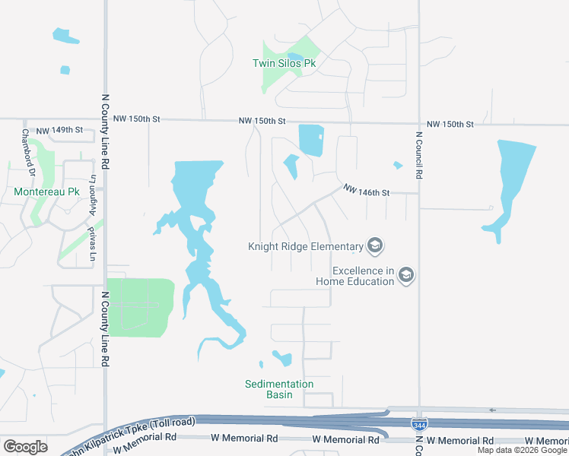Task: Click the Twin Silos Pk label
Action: click(284, 64)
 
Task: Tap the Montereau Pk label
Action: click(46, 192)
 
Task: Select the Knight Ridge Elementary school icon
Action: click(374, 245)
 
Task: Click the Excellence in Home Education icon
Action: click(406, 275)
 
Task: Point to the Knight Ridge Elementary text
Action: click(305, 246)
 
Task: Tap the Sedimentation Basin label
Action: click(279, 389)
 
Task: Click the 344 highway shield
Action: click(418, 423)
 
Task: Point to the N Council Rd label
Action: click(418, 156)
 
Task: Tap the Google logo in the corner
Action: click(25, 447)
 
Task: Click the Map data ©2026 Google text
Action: click(522, 450)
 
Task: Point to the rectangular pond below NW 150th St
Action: click(311, 139)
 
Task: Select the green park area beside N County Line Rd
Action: click(141, 307)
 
